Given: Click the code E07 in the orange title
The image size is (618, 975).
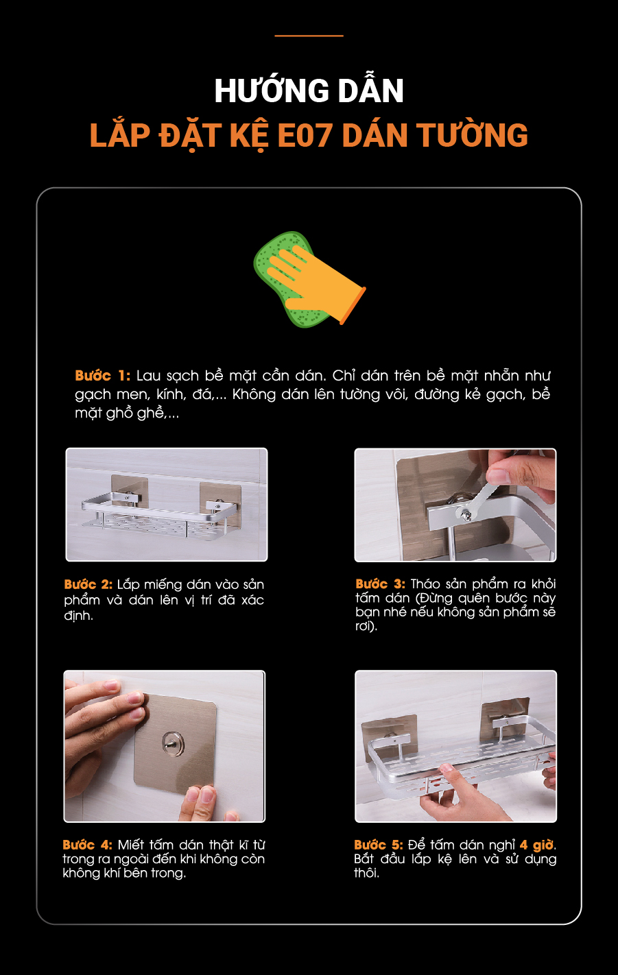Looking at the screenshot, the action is (x=305, y=136).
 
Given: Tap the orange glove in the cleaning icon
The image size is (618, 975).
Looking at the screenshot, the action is (x=316, y=280).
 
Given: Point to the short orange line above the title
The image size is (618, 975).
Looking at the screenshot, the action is (x=309, y=36).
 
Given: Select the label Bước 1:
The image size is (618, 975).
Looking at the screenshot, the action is (x=103, y=375).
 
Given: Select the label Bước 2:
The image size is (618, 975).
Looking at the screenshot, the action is (x=88, y=584).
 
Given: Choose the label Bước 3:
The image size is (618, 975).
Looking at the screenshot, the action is (x=380, y=583).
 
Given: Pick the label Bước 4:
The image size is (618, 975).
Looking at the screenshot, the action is (x=87, y=845).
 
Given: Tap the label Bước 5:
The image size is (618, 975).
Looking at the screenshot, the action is (x=379, y=845).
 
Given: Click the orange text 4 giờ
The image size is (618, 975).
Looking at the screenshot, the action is (x=537, y=845).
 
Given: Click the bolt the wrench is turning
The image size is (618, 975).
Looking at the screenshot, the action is (x=464, y=515).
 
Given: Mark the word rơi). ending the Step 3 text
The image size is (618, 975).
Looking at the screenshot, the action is (x=366, y=626).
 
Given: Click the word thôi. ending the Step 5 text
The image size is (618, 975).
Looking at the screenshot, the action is (x=366, y=873).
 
